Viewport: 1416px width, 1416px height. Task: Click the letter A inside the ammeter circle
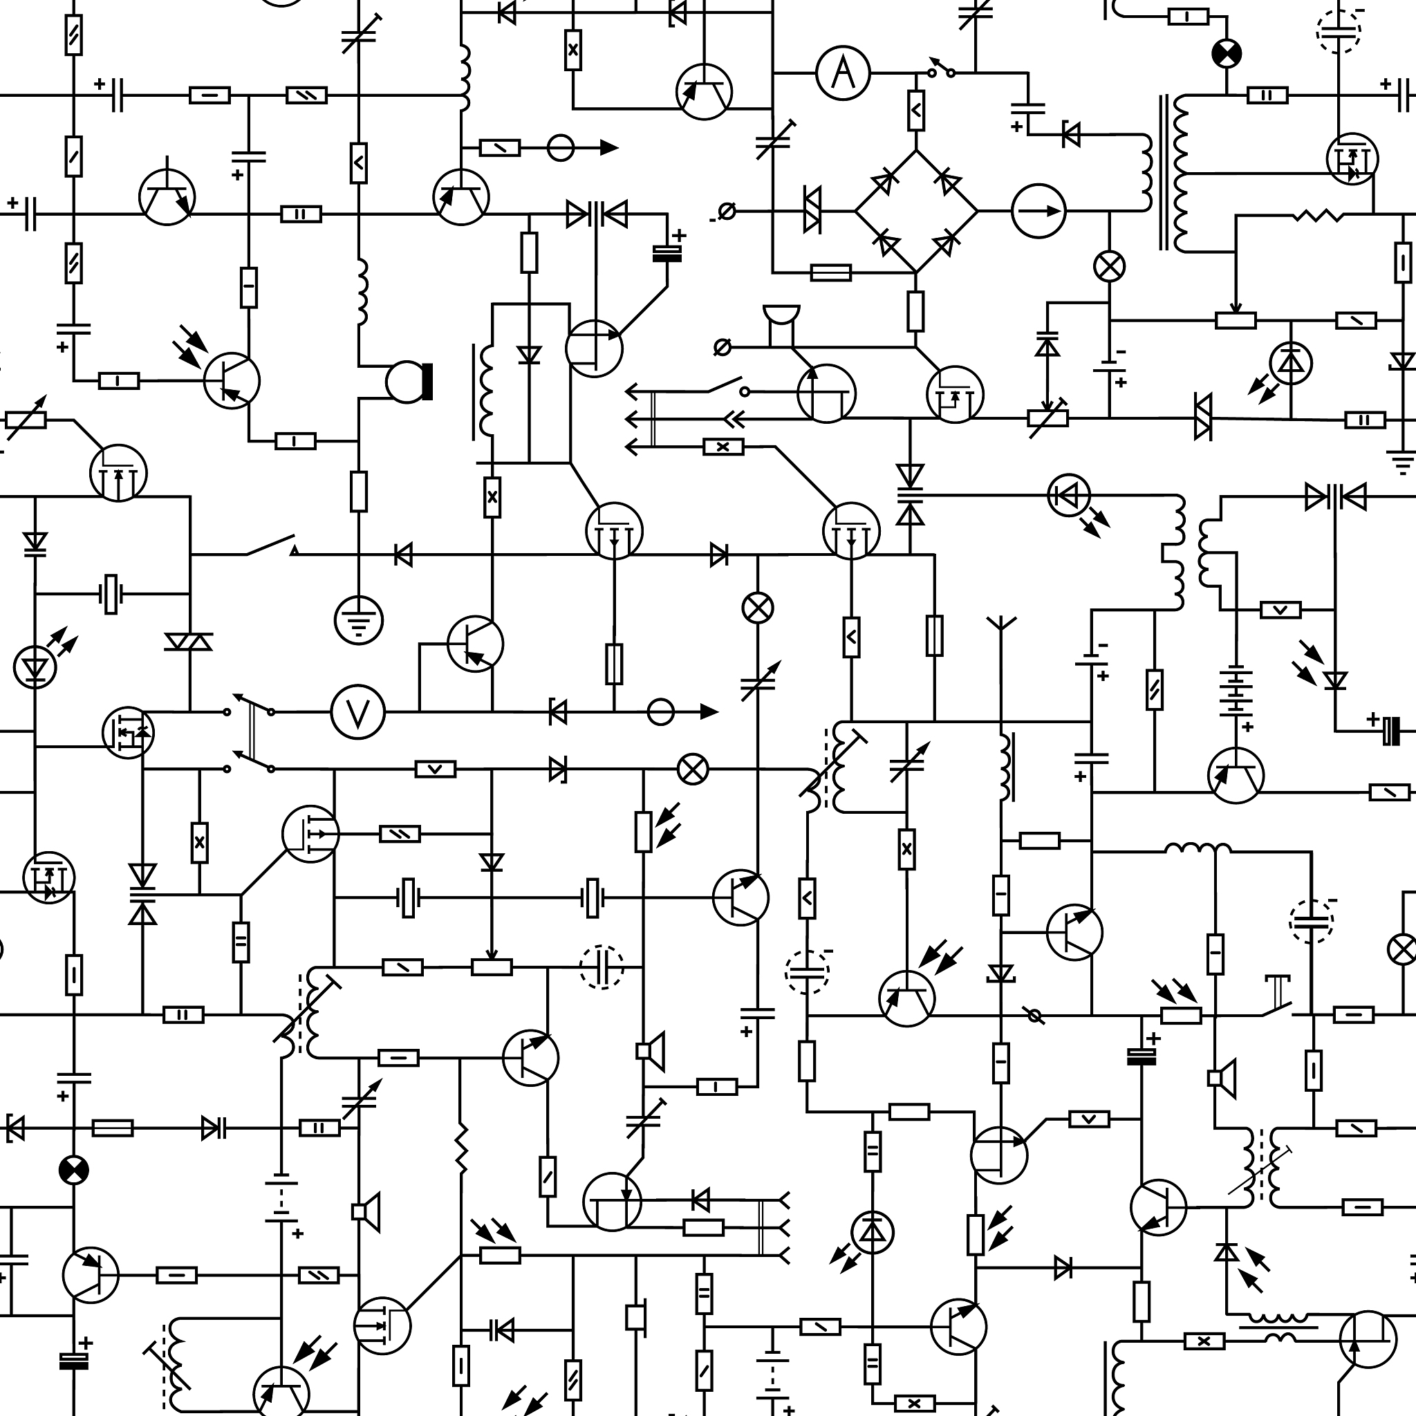coord(843,73)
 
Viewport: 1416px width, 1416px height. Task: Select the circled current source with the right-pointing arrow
coord(1038,211)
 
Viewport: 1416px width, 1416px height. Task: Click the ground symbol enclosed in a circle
coord(358,620)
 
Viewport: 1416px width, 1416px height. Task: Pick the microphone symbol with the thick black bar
coord(410,382)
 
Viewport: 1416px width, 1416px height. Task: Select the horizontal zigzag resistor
coord(1318,216)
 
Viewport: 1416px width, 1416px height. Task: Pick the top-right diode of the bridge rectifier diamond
coord(948,180)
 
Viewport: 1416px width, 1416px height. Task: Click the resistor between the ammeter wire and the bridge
coord(916,111)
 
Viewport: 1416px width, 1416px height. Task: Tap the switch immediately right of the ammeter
coord(942,68)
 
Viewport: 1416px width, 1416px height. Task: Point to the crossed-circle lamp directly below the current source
coord(1109,267)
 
